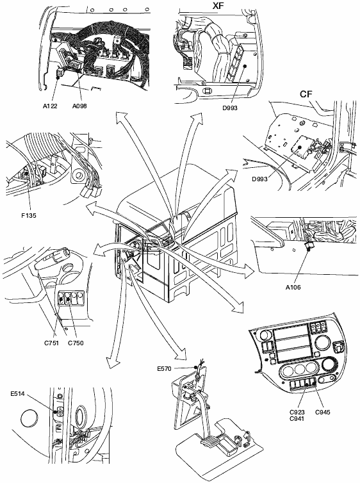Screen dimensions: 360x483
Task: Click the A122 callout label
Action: click(x=50, y=106)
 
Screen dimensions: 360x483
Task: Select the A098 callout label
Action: click(x=79, y=106)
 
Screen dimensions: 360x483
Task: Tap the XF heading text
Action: click(x=218, y=5)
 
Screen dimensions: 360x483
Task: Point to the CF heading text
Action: click(x=306, y=94)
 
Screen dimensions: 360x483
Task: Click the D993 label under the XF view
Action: click(x=230, y=108)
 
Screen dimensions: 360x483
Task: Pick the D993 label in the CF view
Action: click(x=259, y=179)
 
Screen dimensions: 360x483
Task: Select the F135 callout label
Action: click(x=29, y=216)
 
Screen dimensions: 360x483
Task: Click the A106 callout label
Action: click(x=293, y=288)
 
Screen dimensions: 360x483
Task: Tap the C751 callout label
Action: click(x=51, y=343)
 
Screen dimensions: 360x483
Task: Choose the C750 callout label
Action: click(x=76, y=343)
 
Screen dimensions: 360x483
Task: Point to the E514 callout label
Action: click(x=17, y=394)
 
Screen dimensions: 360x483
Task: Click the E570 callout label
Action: click(x=164, y=369)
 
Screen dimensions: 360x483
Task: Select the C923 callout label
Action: click(x=297, y=412)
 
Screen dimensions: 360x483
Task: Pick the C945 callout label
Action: click(x=323, y=412)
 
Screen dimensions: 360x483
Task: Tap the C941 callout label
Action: click(x=297, y=418)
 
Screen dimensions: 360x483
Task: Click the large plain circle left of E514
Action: click(x=29, y=419)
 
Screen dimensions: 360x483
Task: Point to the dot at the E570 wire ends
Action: click(x=195, y=367)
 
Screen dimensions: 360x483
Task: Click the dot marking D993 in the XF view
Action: click(x=245, y=65)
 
